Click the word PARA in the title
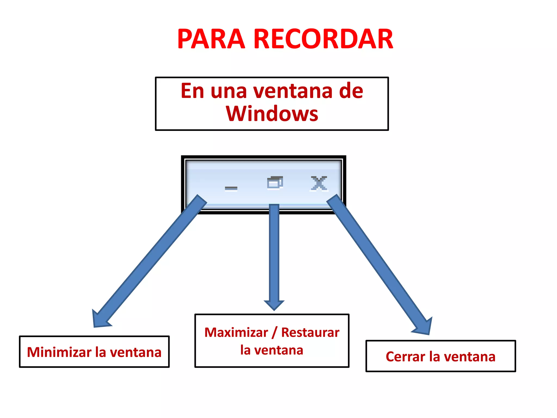point(211,39)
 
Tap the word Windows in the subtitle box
point(272,114)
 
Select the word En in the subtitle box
point(192,91)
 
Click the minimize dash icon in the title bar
point(231,188)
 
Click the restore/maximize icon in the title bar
point(275,182)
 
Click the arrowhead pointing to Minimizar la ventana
point(100,319)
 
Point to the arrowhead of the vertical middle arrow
point(274,305)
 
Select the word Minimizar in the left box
point(59,352)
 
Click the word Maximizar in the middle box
point(236,333)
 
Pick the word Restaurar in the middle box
point(310,333)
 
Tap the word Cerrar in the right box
point(405,357)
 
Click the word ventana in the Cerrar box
point(469,357)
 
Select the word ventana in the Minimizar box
point(136,352)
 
